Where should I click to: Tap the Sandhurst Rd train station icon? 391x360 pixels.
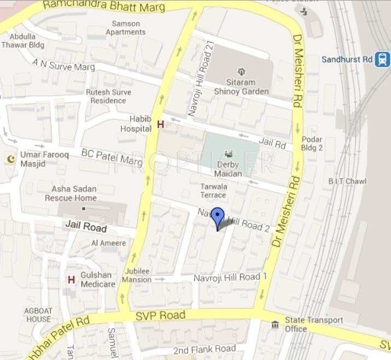coord(382,59)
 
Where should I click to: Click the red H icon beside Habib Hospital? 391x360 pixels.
coord(160,125)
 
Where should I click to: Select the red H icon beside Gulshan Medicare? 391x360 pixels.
coord(71,280)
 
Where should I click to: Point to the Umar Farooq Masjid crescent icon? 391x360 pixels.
coord(10,158)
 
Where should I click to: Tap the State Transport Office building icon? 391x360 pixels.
coord(275,325)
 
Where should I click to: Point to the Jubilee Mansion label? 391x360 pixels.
coord(136,275)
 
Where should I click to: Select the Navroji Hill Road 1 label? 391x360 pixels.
coord(230,278)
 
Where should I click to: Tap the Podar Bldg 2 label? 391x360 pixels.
coord(312,144)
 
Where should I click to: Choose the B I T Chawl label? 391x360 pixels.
coord(347,181)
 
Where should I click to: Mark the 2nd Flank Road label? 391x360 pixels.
coord(204,349)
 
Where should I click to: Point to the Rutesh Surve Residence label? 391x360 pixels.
coord(108,96)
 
